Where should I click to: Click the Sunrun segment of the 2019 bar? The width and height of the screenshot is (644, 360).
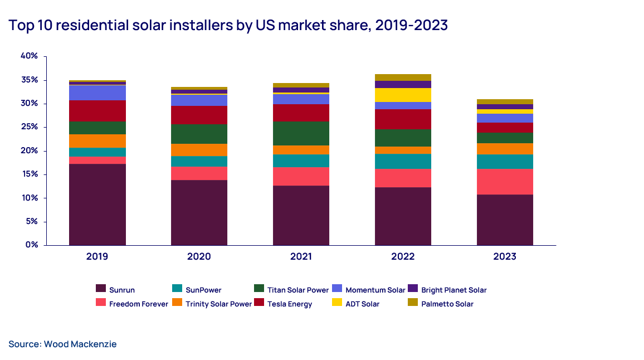point(97,205)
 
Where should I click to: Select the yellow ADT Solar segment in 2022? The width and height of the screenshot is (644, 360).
point(403,95)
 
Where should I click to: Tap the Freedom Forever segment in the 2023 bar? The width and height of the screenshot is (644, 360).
point(505,182)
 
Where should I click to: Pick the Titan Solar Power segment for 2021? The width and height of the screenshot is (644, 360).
point(301,133)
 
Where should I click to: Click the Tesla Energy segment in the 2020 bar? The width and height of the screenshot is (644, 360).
point(199,115)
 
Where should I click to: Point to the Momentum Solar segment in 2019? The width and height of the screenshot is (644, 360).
point(97,93)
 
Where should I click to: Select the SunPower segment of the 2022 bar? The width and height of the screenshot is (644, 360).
point(403,161)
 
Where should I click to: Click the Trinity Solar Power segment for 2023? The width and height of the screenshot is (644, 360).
point(505,149)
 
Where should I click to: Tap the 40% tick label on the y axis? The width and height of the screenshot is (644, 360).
point(29,56)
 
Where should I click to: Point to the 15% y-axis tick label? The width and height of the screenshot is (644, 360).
point(29,174)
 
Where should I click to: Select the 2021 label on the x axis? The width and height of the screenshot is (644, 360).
point(301,257)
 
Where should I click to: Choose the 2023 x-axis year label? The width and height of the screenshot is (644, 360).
point(505,257)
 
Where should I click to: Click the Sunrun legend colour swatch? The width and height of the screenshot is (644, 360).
point(101,289)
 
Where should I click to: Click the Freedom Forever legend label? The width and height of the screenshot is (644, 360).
point(139,304)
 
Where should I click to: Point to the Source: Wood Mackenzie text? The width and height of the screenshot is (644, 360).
point(62,344)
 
